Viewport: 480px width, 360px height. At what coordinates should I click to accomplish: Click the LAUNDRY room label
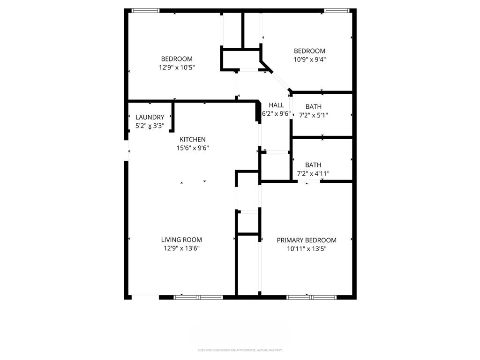coord(150,117)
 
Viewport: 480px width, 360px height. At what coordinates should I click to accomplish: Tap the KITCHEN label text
coord(193,139)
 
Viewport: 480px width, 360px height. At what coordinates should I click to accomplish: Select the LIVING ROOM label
coord(181,240)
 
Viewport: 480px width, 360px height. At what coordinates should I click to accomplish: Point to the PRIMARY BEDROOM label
coord(307,240)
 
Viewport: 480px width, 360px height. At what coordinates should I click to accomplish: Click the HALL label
coord(276,105)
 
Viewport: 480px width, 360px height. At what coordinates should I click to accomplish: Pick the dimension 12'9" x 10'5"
coord(176,67)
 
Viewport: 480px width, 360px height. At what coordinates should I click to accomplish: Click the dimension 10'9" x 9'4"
coord(309,60)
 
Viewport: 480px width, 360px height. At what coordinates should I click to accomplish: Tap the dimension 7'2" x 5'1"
coord(313,115)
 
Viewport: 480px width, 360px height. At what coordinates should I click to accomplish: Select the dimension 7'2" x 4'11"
coord(313,173)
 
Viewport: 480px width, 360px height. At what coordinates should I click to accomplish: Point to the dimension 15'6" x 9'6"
coord(193,148)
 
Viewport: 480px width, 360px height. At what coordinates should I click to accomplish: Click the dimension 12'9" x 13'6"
coord(181,249)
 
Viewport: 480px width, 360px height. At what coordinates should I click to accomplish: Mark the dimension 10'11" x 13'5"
coord(307,249)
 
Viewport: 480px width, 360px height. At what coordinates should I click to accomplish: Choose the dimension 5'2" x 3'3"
coord(150,126)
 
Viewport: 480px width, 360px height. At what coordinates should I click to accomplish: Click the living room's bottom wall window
coord(198,297)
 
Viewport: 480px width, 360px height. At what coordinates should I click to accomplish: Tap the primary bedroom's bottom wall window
coord(312,297)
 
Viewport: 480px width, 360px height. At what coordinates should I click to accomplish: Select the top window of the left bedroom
coord(145,10)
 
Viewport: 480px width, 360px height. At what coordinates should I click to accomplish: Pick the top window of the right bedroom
coord(337,10)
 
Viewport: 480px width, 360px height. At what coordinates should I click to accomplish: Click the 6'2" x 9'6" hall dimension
coord(276,114)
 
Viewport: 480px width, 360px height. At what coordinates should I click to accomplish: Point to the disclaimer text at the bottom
coord(240,350)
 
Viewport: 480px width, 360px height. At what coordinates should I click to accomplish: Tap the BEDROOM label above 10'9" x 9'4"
coord(309,51)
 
